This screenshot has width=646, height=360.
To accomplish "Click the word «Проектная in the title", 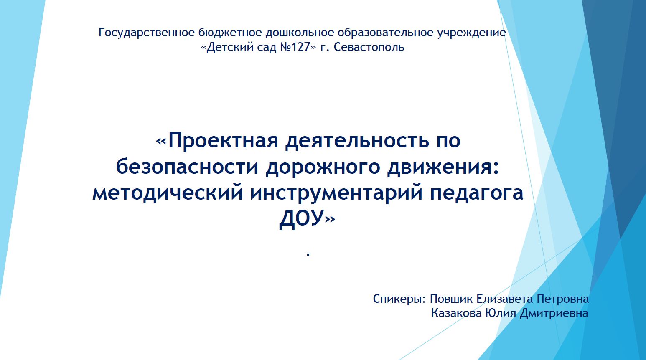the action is (217, 141).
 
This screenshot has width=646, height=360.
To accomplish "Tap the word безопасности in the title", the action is (187, 167).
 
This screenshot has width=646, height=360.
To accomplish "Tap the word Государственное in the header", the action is (147, 33).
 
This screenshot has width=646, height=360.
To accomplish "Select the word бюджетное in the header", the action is (230, 33).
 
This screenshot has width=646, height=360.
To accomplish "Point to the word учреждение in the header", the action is (471, 33).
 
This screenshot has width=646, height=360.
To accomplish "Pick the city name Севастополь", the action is (369, 47).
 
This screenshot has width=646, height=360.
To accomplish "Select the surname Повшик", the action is (451, 299).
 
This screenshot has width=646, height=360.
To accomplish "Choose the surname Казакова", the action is (457, 313).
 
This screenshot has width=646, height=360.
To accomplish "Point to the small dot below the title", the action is (308, 254).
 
